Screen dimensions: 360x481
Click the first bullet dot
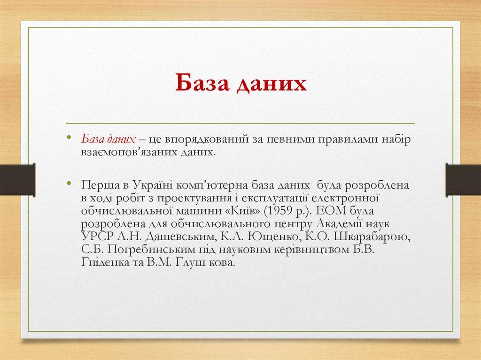click(69, 138)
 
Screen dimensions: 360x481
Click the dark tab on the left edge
click(17, 179)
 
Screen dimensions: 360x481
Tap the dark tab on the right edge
click(463, 179)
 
